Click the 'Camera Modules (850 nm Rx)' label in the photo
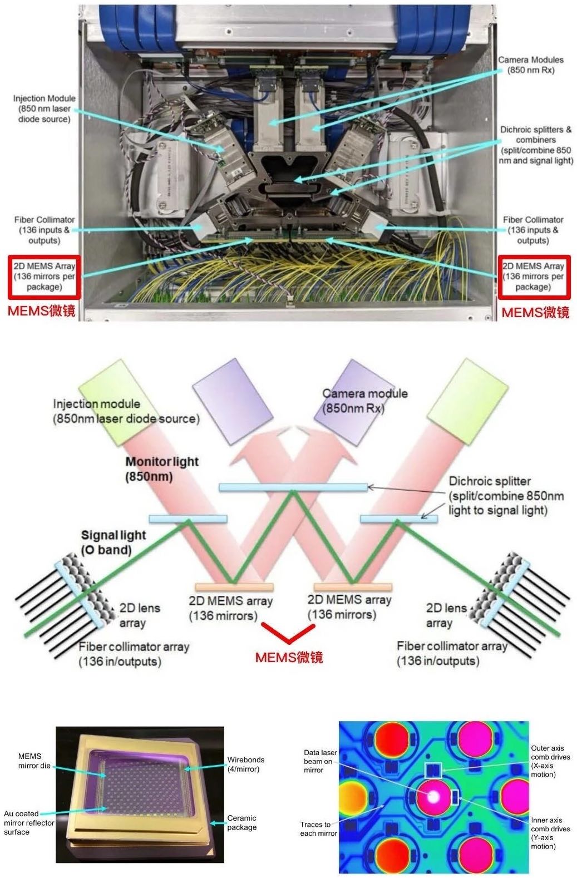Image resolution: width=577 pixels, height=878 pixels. point(530,65)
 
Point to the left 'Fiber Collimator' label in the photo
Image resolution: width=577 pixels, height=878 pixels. point(45,230)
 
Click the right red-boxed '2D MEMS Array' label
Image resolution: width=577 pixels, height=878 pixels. point(533,277)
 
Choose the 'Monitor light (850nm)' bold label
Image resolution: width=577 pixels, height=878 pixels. point(162,469)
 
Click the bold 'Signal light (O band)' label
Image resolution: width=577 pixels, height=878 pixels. point(113,542)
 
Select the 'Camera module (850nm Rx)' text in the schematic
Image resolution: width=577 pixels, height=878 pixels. point(364,401)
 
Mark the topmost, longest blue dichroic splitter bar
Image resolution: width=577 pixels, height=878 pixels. point(293,487)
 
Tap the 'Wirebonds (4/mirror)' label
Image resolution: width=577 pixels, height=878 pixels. point(246,764)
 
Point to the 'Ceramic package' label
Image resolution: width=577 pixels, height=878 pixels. point(242,823)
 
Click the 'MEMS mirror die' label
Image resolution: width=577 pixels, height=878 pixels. point(34,761)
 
